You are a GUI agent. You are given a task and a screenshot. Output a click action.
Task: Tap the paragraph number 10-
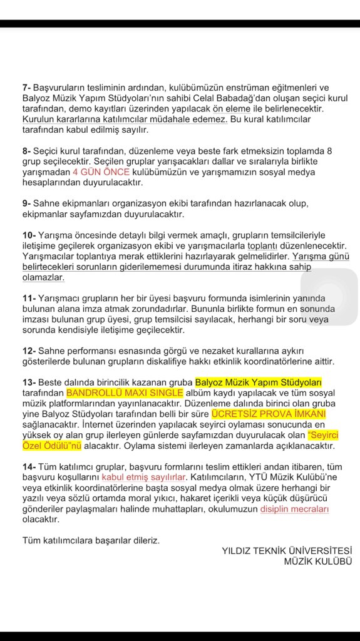29,235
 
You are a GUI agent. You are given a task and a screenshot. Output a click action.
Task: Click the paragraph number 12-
29,351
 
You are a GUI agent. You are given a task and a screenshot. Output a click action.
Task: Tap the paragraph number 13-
29,382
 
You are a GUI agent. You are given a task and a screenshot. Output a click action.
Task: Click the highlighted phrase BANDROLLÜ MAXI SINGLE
125,392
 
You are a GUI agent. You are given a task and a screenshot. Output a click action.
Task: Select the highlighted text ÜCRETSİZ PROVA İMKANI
260,414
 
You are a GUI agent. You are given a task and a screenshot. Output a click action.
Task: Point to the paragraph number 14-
29,467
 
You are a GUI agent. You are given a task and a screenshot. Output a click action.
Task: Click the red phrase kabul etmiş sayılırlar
144,478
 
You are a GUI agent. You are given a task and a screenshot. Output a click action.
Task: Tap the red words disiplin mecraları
295,509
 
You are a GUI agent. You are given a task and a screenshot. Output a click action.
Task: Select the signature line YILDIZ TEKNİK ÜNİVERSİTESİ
287,551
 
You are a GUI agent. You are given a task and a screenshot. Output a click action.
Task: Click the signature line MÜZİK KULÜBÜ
318,562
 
